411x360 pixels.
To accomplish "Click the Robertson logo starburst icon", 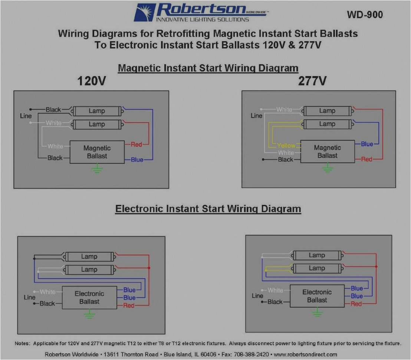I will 145,12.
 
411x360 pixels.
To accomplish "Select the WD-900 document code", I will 365,15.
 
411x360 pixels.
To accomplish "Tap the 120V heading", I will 91,81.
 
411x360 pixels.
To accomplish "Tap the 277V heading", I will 312,81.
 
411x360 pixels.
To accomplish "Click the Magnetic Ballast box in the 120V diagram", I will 97,152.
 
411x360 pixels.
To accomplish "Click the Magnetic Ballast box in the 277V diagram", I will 327,151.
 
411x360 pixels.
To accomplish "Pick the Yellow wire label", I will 286,146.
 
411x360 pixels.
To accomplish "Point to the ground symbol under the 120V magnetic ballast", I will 97,170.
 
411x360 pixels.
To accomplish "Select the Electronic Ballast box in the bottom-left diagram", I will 89,298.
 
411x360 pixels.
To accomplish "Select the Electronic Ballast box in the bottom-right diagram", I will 317,296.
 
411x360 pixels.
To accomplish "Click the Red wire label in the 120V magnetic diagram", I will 136,144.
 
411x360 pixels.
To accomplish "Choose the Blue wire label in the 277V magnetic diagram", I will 367,144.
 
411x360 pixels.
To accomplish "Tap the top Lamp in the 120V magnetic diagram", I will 97,111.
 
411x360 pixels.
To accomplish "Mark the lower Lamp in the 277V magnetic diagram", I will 327,124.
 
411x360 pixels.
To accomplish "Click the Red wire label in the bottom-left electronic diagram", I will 129,305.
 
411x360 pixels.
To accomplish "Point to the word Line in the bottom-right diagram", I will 257,296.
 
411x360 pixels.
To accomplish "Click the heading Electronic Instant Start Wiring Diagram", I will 208,209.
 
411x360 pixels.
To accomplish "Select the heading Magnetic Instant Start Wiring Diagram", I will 208,68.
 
